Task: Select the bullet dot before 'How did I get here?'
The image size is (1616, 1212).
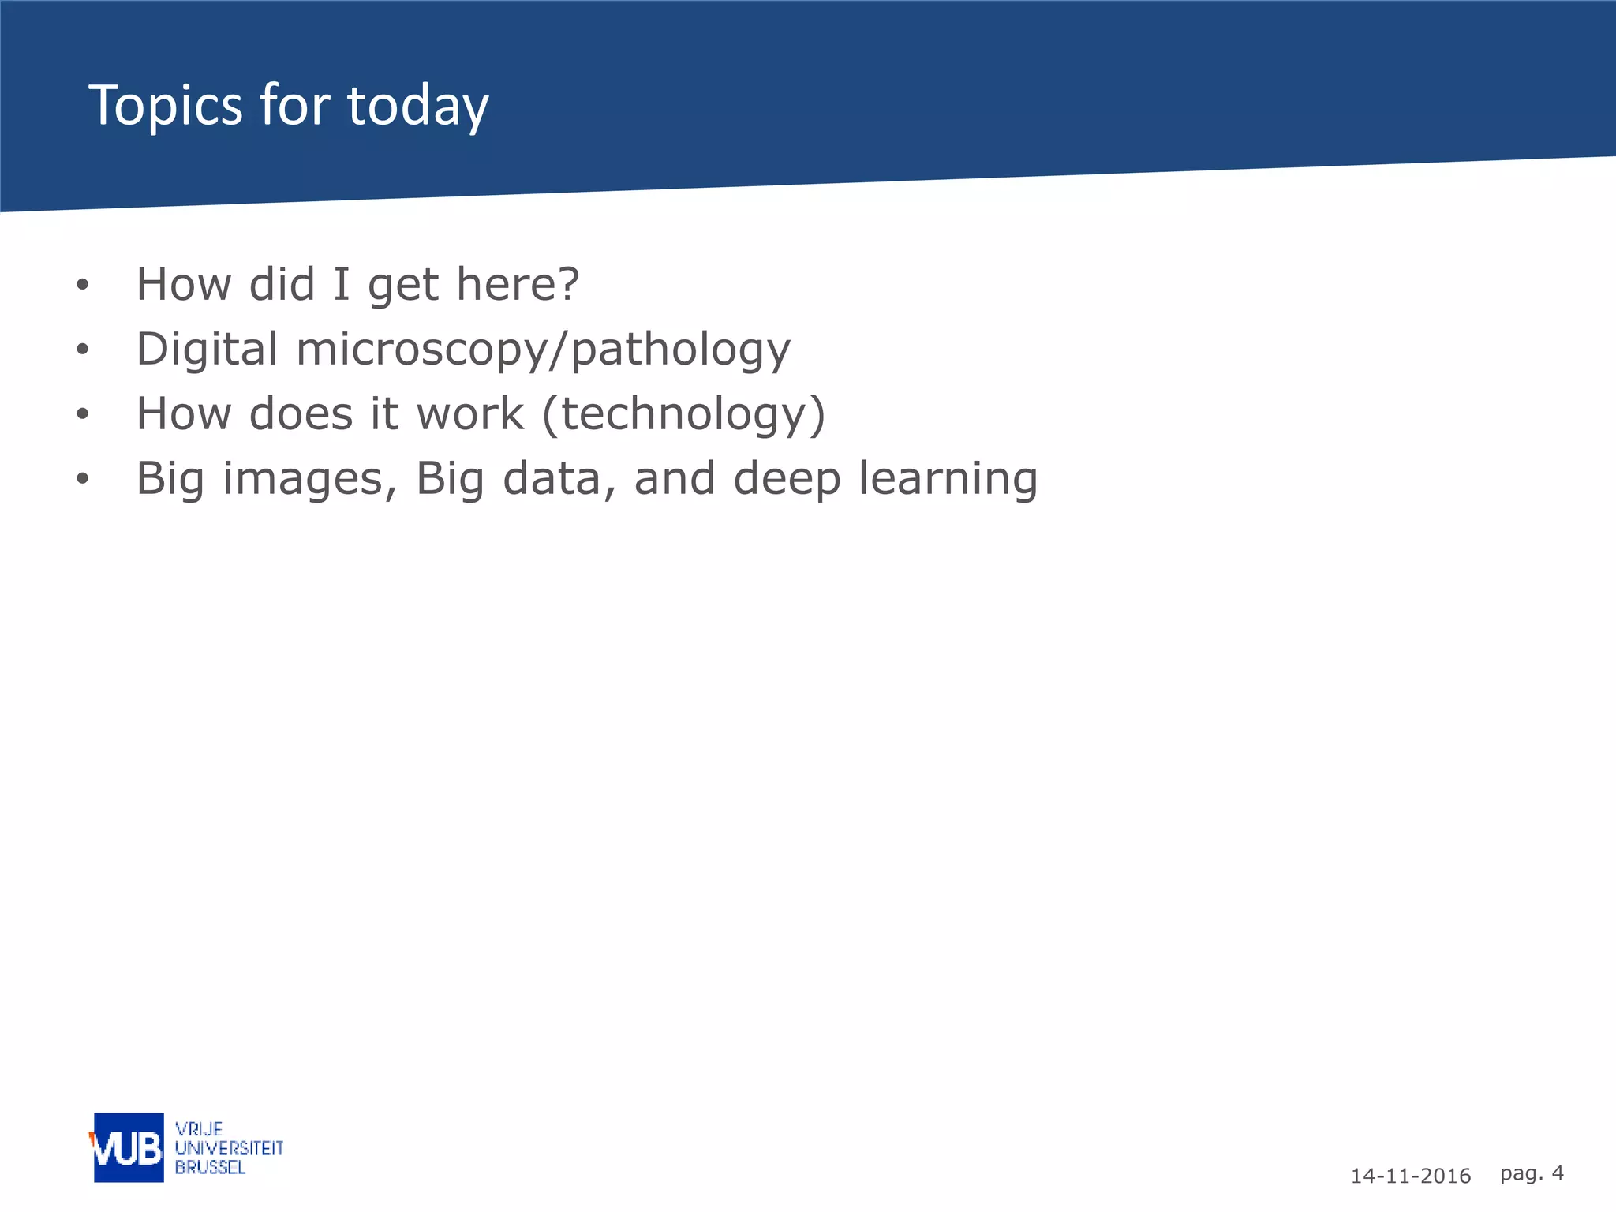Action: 83,285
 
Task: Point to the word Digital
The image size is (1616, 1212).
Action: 207,349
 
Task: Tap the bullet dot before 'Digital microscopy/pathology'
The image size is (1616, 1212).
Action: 83,350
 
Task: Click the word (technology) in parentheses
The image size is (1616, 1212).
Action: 684,415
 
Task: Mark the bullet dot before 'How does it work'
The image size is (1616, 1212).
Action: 83,414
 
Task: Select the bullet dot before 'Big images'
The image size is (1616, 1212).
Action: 83,479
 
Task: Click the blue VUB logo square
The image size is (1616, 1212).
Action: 129,1147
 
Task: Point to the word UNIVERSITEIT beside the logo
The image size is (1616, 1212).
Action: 229,1148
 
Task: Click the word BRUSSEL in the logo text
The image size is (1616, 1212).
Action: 210,1167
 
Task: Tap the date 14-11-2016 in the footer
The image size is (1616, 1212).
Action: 1410,1176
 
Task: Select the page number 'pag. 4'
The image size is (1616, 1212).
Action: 1532,1173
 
